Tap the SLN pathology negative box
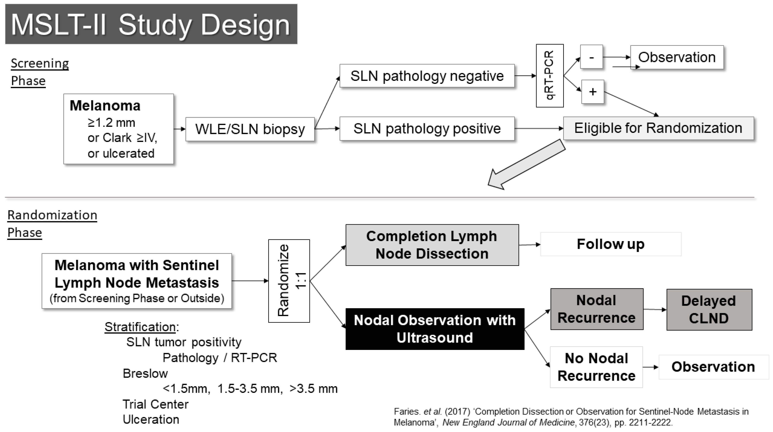pyautogui.click(x=427, y=76)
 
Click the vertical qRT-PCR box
pyautogui.click(x=550, y=76)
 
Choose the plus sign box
pyautogui.click(x=592, y=92)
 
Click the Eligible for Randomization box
pyautogui.click(x=658, y=128)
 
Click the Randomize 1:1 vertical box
pyautogui.click(x=289, y=281)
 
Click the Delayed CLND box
pyautogui.click(x=709, y=309)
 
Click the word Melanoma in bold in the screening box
pyautogui.click(x=105, y=106)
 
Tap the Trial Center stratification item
pyautogui.click(x=156, y=404)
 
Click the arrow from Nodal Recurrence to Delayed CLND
pyautogui.click(x=655, y=309)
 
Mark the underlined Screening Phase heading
pyautogui.click(x=40, y=72)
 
